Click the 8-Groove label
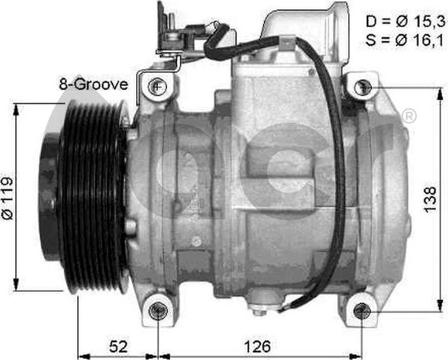point(93,85)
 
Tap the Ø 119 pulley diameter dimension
point(8,198)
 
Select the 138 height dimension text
point(430,199)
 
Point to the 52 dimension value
point(118,347)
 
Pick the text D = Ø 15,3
point(406,21)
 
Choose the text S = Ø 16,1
point(404,40)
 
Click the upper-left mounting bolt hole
point(157,86)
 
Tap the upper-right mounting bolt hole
point(363,87)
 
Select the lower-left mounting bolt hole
point(158,311)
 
